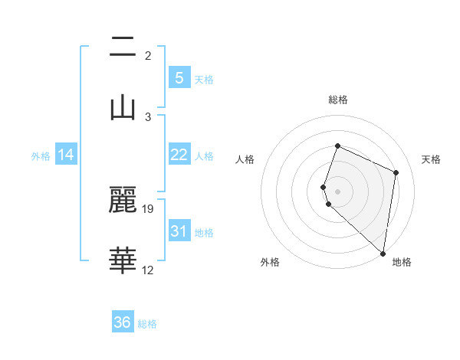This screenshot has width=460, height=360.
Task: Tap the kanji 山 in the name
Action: click(x=123, y=107)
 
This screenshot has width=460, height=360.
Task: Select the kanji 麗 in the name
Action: click(x=123, y=201)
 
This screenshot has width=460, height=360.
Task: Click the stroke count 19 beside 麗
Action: click(x=149, y=208)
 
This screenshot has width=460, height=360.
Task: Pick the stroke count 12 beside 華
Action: click(x=149, y=270)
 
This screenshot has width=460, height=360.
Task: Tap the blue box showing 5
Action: click(x=179, y=78)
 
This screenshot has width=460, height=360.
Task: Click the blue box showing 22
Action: click(x=179, y=155)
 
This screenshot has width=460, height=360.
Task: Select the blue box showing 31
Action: click(x=179, y=231)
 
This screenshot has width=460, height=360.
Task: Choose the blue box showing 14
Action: click(x=66, y=155)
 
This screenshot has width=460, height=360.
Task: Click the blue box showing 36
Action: click(x=123, y=322)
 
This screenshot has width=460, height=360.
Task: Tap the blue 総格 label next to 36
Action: click(x=147, y=324)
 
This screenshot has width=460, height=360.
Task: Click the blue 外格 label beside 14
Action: click(x=41, y=155)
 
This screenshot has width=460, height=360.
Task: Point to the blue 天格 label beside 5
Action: click(x=204, y=79)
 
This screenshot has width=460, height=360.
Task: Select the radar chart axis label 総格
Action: click(x=338, y=100)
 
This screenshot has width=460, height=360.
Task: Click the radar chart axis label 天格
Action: click(x=431, y=159)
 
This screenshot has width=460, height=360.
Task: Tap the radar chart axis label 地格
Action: click(x=402, y=262)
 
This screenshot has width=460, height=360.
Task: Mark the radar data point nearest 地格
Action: click(x=383, y=253)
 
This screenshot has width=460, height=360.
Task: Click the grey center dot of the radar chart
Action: click(x=338, y=191)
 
